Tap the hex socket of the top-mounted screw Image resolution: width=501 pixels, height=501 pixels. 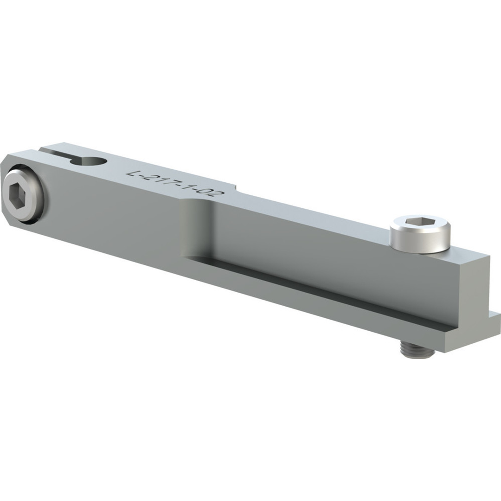(x=420, y=222)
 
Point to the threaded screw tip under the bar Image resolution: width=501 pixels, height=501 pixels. (x=417, y=351)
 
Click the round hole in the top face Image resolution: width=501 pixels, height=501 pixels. (x=95, y=162)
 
